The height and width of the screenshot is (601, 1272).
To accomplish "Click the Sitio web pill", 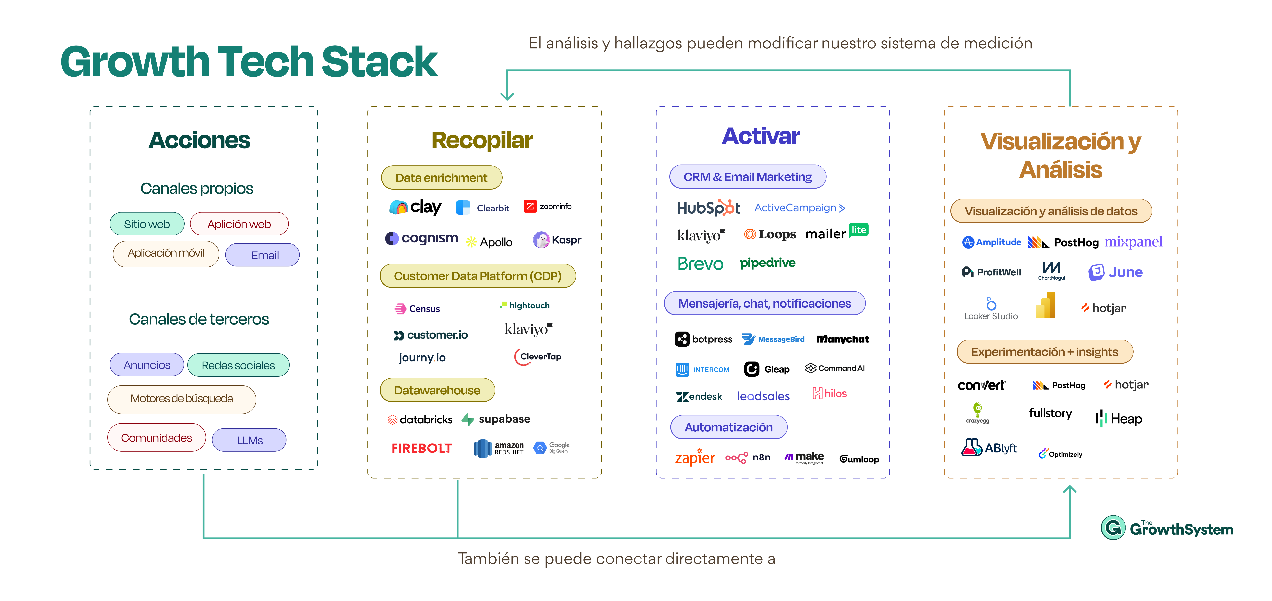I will tap(147, 224).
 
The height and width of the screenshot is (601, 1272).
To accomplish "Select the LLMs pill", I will tap(249, 440).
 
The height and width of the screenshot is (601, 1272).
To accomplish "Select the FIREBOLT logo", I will tap(422, 448).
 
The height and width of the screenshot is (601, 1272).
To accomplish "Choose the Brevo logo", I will tap(700, 264).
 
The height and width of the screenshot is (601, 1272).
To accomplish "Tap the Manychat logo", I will tap(842, 339).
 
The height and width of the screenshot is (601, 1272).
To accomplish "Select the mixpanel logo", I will tap(1133, 242).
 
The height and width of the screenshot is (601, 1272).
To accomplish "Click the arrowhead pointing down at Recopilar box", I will tap(507, 96).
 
